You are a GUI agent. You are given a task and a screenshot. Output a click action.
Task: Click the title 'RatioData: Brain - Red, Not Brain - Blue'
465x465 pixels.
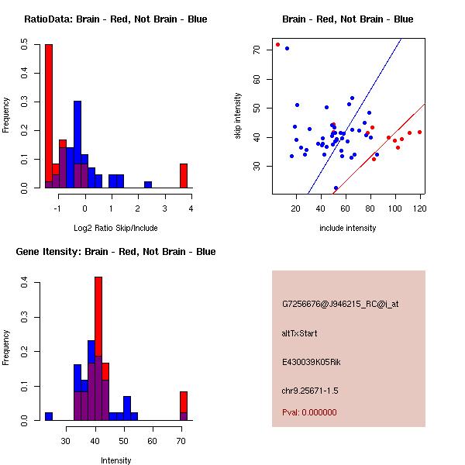pos(115,19)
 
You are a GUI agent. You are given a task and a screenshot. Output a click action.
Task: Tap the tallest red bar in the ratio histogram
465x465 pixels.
pos(49,116)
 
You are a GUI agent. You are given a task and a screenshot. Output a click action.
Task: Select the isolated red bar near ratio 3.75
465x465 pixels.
pos(184,176)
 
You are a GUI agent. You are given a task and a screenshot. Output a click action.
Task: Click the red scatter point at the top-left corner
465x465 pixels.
pos(277,44)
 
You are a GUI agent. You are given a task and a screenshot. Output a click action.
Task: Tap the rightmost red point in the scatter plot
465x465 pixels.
pos(419,132)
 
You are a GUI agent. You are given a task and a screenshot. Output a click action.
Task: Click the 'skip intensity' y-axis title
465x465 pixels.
pos(238,116)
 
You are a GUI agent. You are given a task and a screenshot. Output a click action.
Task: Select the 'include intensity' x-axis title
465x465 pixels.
pos(348,228)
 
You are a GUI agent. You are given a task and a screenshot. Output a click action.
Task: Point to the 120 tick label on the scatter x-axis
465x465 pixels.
pos(420,208)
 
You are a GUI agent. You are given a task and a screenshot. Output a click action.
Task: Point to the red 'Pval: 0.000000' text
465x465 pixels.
pos(309,412)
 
